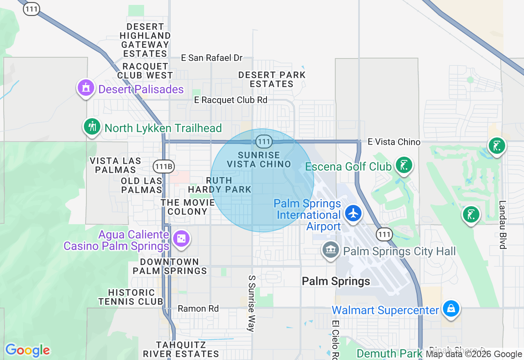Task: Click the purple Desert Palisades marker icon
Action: pos(86,88)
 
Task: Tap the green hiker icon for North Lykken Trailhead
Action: pos(93,126)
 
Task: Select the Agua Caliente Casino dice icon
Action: pos(181,239)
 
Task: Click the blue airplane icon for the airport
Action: pos(353,213)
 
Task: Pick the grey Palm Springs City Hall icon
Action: pos(331,250)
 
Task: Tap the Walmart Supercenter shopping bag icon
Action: pos(451,308)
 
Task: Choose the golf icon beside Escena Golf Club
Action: pos(404,165)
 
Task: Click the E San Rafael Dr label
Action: pos(212,58)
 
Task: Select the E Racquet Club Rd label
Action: pos(230,100)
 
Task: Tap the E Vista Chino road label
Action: pos(394,142)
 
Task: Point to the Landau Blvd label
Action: pos(503,224)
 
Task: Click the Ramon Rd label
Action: pos(198,308)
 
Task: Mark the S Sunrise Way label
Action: pos(252,303)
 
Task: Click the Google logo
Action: pos(27,351)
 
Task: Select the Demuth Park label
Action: pos(389,353)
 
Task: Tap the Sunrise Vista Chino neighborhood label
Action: pos(259,160)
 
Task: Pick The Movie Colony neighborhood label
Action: pos(188,207)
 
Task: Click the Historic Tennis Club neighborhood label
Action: pos(131,297)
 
